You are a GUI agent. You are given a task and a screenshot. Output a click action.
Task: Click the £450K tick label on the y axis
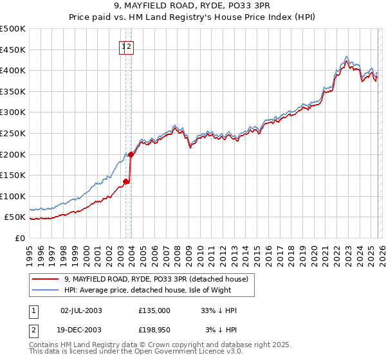tap(13, 50)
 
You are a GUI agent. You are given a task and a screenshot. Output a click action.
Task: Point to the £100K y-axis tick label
tap(13, 196)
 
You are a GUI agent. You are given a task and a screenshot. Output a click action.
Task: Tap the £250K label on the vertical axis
tap(13, 133)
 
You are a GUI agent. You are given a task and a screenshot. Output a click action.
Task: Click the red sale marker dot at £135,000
tap(126, 181)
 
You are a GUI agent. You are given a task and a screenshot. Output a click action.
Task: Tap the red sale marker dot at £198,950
tap(131, 154)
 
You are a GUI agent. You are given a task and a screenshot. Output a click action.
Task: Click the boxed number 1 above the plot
tap(123, 46)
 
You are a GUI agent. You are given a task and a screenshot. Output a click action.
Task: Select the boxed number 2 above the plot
tap(129, 46)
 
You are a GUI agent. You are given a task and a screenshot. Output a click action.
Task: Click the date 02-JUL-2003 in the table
tap(81, 310)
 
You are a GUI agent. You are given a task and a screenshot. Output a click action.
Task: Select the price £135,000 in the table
tap(154, 310)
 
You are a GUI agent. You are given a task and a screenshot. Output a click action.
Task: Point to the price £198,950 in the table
tap(154, 330)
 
